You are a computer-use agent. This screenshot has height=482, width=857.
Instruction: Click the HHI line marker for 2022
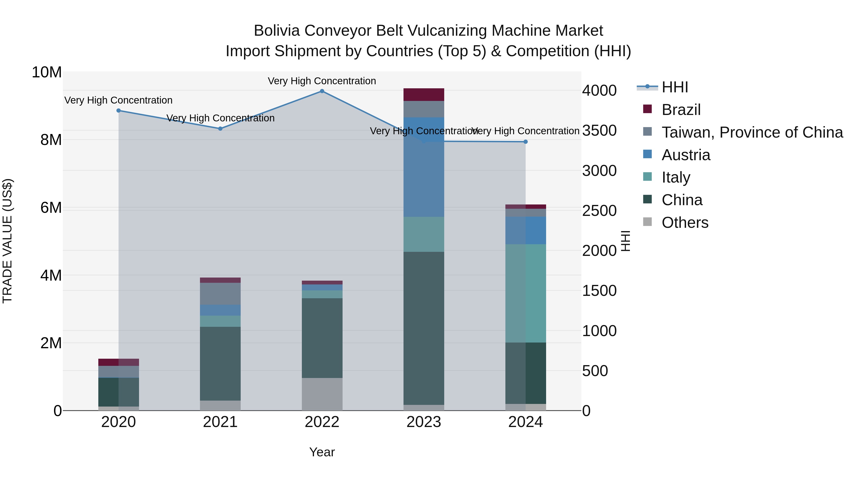(322, 91)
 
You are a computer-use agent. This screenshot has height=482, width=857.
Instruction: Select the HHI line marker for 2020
(119, 110)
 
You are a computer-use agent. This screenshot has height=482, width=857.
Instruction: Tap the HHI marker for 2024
(525, 142)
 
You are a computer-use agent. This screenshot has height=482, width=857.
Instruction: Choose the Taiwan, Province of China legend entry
(752, 132)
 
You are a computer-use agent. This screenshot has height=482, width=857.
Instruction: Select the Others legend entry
(685, 223)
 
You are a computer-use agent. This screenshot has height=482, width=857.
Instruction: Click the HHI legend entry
(674, 87)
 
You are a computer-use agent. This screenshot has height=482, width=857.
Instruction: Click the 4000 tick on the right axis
(599, 90)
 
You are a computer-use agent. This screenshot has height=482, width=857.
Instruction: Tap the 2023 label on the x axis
(424, 422)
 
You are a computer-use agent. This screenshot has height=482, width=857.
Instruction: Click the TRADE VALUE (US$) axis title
(7, 241)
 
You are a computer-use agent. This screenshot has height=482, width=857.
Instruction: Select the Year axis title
(322, 452)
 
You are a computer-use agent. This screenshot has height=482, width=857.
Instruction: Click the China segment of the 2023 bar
(424, 328)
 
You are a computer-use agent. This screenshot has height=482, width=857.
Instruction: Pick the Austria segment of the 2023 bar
(424, 166)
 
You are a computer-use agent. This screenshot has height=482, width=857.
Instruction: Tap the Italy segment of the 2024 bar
(525, 293)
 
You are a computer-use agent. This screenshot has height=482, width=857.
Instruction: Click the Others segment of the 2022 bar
(322, 394)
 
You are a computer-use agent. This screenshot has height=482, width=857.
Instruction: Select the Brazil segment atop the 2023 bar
(424, 94)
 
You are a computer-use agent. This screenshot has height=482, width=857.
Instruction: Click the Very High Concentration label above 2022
(322, 81)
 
